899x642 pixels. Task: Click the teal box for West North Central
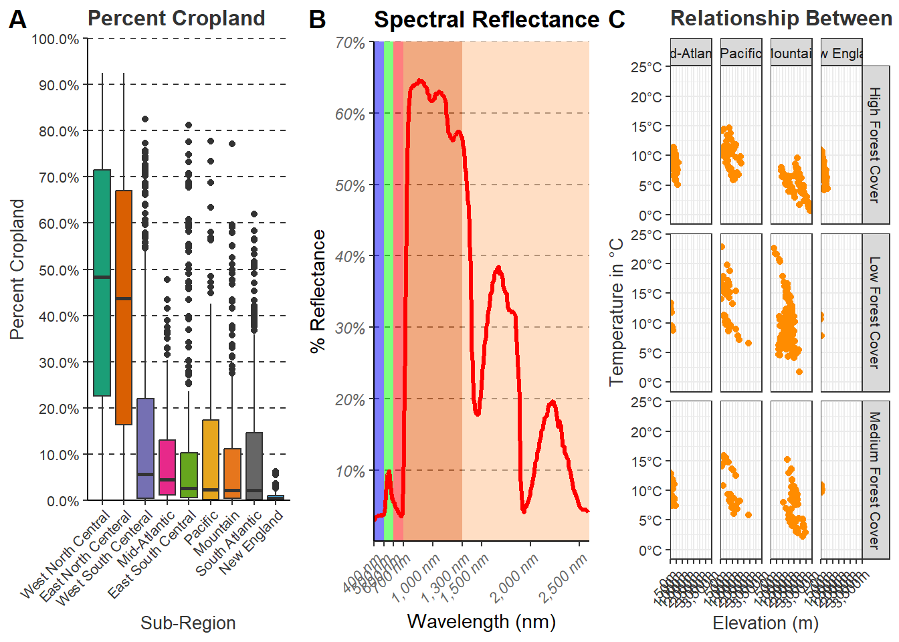pyautogui.click(x=102, y=283)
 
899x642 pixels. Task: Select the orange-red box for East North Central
pyautogui.click(x=124, y=308)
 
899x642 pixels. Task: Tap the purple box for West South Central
pyautogui.click(x=145, y=448)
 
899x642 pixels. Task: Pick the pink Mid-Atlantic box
pyautogui.click(x=167, y=467)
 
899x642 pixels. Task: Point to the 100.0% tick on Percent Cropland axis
pyautogui.click(x=55, y=39)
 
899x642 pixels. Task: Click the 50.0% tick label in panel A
pyautogui.click(x=59, y=270)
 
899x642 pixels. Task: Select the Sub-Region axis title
pyautogui.click(x=188, y=623)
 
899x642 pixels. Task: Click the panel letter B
pyautogui.click(x=317, y=20)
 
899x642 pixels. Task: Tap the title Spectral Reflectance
pyautogui.click(x=486, y=20)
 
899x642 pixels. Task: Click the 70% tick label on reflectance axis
pyautogui.click(x=350, y=43)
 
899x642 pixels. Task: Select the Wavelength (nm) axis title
pyautogui.click(x=482, y=621)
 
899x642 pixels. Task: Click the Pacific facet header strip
pyautogui.click(x=741, y=53)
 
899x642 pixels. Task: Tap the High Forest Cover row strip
pyautogui.click(x=875, y=144)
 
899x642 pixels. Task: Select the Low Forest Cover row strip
pyautogui.click(x=875, y=312)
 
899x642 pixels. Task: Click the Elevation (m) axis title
pyautogui.click(x=765, y=623)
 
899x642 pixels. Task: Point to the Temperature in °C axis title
pyautogui.click(x=617, y=312)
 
